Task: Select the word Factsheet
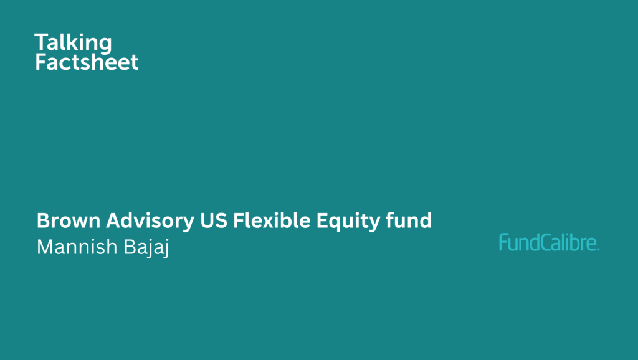[x=87, y=62]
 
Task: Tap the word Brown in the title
[x=69, y=220]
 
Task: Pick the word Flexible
[x=272, y=220]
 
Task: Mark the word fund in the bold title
[x=409, y=220]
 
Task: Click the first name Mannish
[x=77, y=247]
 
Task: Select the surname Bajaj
[x=146, y=248]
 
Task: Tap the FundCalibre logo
[x=550, y=242]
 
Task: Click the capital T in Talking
[x=42, y=42]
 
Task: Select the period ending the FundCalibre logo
[x=598, y=249]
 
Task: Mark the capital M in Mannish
[x=45, y=247]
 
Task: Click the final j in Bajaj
[x=166, y=249]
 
